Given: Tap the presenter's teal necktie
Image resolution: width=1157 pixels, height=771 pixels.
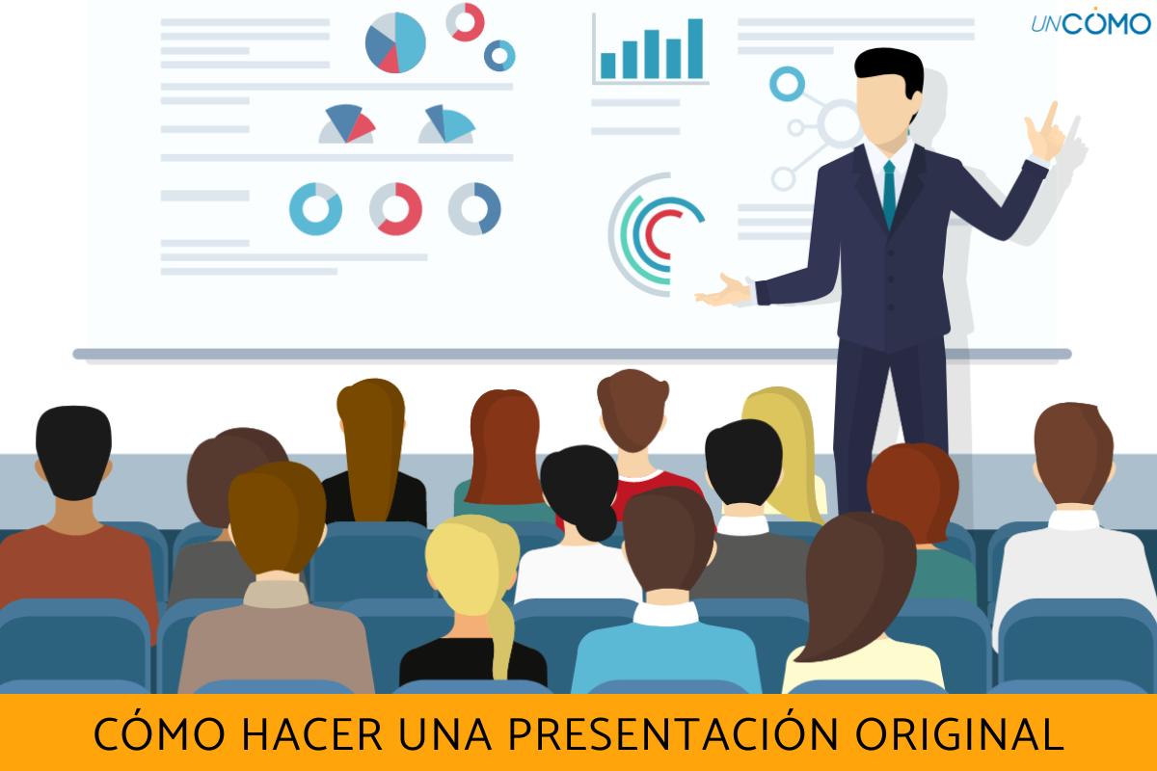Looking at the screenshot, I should click(889, 192).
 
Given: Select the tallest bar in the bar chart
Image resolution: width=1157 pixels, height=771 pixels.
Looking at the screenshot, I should click(693, 48).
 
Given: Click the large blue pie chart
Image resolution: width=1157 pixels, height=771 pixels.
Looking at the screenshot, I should click(395, 42).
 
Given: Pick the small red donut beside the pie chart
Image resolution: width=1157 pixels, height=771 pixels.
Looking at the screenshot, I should click(465, 21).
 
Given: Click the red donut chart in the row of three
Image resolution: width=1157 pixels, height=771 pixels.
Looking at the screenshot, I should click(395, 208).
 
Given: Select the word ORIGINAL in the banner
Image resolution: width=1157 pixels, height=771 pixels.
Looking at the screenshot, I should click(958, 734).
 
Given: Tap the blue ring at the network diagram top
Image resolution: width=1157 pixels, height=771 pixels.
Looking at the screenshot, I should click(787, 83).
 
